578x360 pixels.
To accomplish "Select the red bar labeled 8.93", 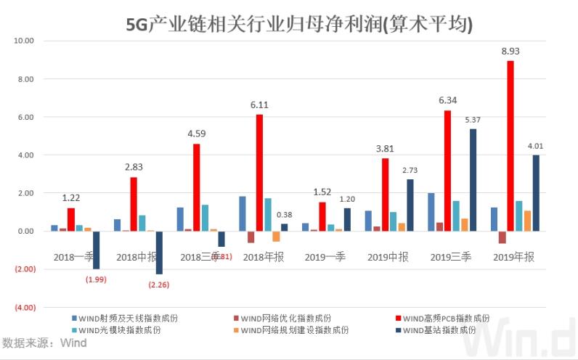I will click(x=510, y=145).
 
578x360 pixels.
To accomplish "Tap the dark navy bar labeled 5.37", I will click(x=473, y=180).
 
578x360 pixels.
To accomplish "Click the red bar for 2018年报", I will click(x=259, y=173).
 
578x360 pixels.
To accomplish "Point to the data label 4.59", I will click(x=196, y=134).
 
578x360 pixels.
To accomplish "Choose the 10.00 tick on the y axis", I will click(x=25, y=41).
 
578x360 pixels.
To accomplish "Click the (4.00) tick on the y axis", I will click(x=24, y=307).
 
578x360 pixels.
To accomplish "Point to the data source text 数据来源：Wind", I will click(x=45, y=343).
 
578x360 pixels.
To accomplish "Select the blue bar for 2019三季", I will click(x=431, y=212).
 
